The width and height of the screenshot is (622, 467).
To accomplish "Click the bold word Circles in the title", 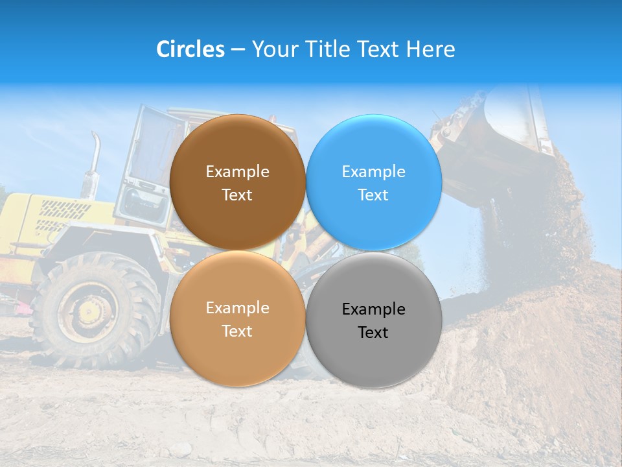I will pos(190,49).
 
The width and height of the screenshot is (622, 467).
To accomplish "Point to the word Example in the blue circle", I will pos(373,172).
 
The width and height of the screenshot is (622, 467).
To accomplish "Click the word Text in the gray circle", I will pos(373,333).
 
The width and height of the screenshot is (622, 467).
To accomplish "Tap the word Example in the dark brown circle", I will pos(237,172).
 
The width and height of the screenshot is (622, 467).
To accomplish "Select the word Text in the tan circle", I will pos(237,331).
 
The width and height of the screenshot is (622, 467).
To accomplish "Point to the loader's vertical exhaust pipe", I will pos(94,162).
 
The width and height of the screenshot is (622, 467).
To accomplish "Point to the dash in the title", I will pos(238,50).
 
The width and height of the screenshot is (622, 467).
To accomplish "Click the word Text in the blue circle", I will pos(373,195).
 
